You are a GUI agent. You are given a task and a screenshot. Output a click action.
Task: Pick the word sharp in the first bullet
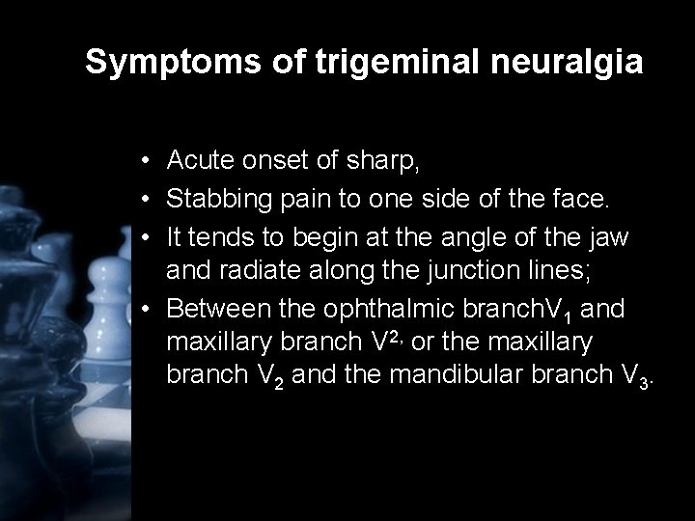click(x=387, y=161)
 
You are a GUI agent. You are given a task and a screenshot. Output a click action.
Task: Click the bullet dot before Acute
click(x=143, y=161)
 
